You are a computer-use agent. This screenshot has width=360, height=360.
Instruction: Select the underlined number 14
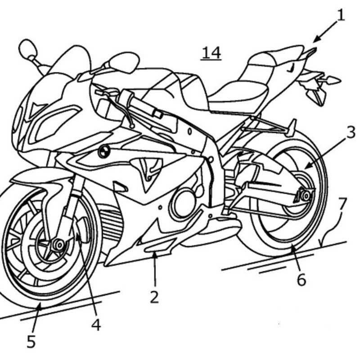211,53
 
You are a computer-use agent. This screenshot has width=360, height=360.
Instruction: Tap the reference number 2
154,297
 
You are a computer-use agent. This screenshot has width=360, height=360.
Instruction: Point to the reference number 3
350,132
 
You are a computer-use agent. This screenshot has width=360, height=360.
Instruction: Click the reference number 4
96,324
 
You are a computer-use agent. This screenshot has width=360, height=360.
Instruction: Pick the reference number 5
31,342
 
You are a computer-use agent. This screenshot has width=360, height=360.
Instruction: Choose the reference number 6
301,279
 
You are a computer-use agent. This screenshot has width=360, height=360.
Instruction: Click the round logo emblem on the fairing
104,152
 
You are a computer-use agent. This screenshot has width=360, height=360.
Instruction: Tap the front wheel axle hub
57,245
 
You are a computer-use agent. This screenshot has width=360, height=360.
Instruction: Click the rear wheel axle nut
305,196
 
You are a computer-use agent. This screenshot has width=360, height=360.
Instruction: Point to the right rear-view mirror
124,62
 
